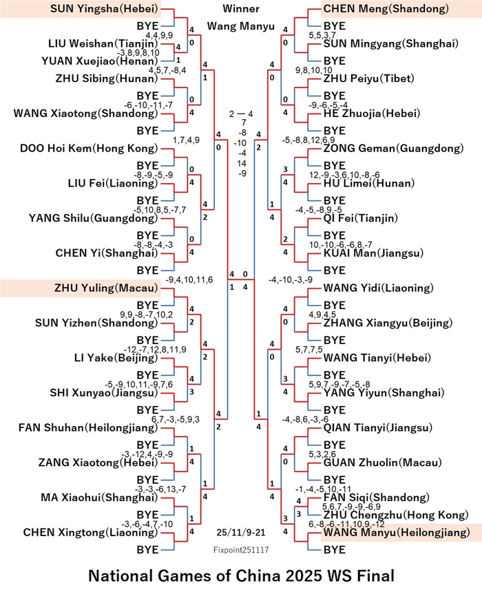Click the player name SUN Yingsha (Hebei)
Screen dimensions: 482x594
coord(105,9)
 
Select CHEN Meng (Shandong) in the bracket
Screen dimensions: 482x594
coord(386,9)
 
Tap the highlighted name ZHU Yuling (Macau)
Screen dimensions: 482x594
coord(106,288)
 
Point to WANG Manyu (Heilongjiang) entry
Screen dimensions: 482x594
coord(397,532)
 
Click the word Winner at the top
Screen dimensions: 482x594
coord(240,8)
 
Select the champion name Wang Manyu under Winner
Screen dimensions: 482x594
coord(240,26)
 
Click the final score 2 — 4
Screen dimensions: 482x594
coord(241,114)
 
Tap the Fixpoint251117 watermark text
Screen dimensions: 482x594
coord(241,550)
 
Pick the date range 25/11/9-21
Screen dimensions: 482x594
coord(241,532)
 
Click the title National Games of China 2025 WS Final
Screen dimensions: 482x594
coord(242,576)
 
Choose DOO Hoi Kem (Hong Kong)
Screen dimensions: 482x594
coord(89,148)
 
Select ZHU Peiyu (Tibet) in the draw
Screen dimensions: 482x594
coord(368,78)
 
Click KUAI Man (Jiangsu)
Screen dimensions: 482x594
coord(373,253)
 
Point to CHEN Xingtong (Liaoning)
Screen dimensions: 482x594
coord(91,532)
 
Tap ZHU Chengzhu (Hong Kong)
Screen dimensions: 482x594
coord(396,515)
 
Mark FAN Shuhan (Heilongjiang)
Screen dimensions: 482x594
coord(88,427)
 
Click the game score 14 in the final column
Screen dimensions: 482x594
coord(242,163)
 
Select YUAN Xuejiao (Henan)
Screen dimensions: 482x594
coord(100,61)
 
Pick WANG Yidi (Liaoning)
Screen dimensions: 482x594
coord(378,288)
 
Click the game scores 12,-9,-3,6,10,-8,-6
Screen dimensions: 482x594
coord(344,175)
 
